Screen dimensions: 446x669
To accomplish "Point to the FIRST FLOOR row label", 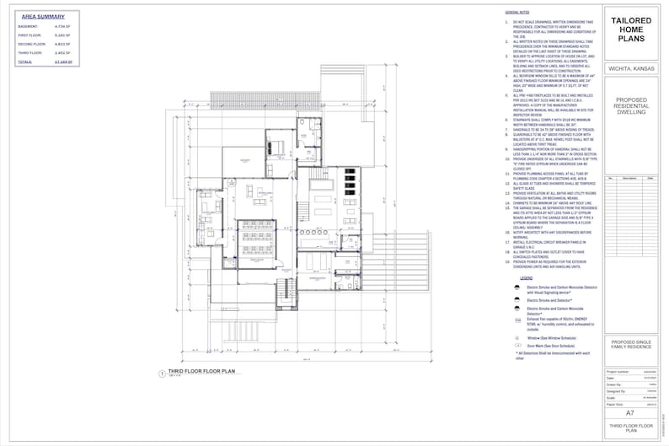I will pyautogui.click(x=29, y=35).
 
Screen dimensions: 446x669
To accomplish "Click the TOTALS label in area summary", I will pyautogui.click(x=25, y=62).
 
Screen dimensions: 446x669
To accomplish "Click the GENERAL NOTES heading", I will pyautogui.click(x=516, y=13).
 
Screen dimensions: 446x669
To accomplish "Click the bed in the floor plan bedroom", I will pyautogui.click(x=277, y=145).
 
